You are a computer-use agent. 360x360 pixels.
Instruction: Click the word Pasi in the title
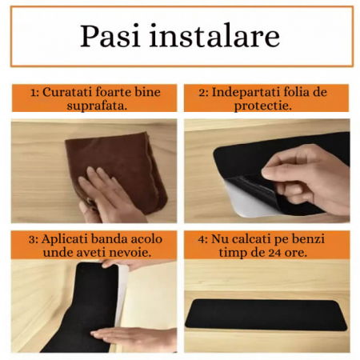point(113,37)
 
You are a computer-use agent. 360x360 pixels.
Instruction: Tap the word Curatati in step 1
point(66,92)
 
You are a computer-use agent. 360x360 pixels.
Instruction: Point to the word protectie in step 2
point(266,106)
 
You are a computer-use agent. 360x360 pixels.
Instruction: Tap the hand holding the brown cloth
point(108,196)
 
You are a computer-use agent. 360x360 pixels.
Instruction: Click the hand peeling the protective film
point(308,172)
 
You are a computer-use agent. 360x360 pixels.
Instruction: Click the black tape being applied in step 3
point(84,304)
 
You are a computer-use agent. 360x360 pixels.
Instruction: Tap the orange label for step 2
point(266,98)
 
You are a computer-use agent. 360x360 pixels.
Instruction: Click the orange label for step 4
point(266,245)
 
